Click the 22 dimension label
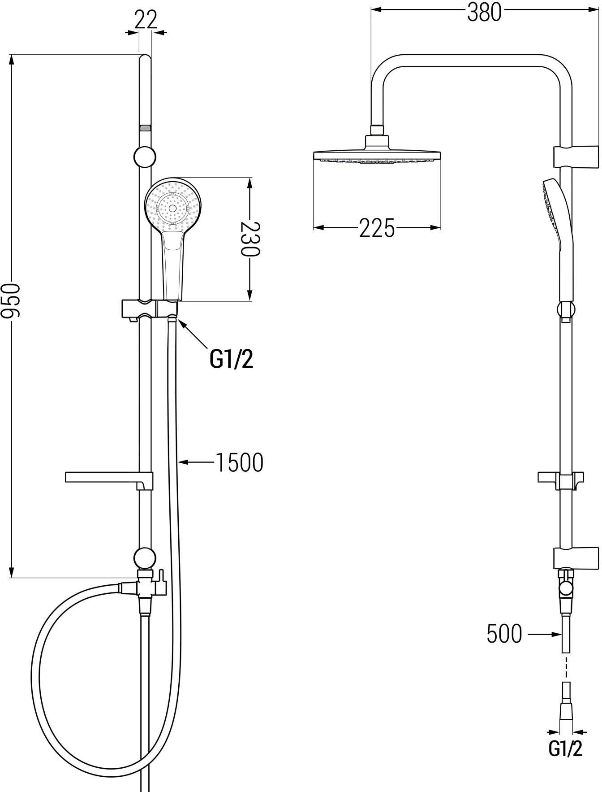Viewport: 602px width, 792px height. (x=146, y=20)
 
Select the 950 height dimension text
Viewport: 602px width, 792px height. (x=10, y=301)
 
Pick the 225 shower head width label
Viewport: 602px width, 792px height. (x=377, y=228)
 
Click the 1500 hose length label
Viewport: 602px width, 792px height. (x=239, y=462)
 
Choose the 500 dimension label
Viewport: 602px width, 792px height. (x=504, y=634)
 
